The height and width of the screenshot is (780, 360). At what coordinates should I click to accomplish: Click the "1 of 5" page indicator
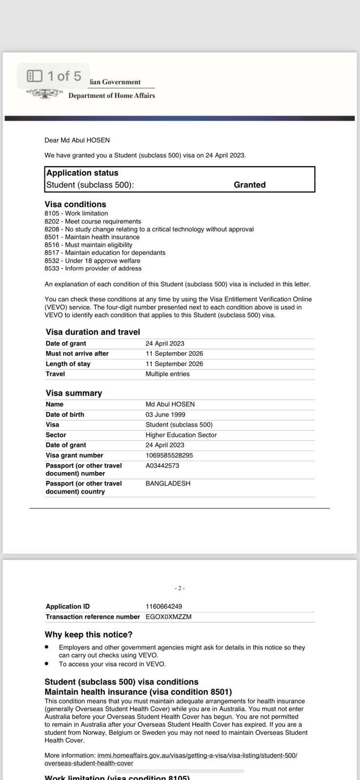(54, 76)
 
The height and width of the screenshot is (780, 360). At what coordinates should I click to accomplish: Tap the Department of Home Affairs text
(111, 96)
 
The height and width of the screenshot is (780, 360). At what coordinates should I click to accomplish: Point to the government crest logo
(45, 93)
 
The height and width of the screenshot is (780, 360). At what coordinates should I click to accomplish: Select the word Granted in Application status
(249, 185)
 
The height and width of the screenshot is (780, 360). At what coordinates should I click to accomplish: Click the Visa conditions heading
(75, 204)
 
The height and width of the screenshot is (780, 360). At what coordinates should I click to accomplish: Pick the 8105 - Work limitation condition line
(76, 214)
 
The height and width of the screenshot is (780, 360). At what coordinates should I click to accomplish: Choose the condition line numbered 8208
(149, 229)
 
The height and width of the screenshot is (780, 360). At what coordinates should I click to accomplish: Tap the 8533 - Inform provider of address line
(93, 269)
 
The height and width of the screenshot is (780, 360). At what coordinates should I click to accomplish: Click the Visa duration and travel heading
(93, 332)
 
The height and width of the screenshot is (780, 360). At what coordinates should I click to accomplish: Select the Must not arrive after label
(77, 353)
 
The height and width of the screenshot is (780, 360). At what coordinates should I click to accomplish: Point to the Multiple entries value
(167, 374)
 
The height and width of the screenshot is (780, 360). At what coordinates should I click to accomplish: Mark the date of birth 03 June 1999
(165, 414)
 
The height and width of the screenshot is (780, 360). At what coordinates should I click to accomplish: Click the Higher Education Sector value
(181, 435)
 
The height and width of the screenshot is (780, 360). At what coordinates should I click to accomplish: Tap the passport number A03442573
(162, 466)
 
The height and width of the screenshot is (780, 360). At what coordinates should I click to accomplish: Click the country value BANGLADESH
(168, 484)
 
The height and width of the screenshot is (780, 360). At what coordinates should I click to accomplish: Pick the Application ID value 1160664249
(163, 606)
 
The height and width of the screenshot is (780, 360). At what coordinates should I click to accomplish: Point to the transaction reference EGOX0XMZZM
(168, 617)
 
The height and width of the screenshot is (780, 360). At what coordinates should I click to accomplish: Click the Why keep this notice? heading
(88, 635)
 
